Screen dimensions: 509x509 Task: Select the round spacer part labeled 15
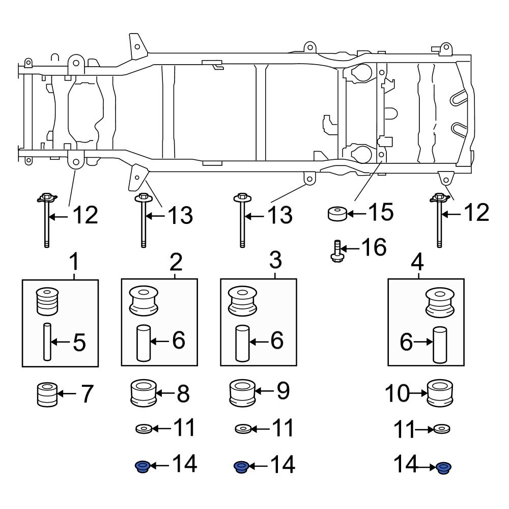click(x=336, y=214)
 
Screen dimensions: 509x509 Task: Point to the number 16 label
click(x=373, y=248)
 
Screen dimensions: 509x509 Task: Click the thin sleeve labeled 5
click(x=47, y=342)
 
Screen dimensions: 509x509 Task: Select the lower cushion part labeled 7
click(x=47, y=394)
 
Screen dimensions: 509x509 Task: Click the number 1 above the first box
click(x=74, y=263)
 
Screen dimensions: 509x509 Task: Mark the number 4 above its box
click(x=417, y=263)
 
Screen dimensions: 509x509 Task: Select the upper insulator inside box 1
click(x=48, y=301)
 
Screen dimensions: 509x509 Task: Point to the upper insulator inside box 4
click(x=440, y=302)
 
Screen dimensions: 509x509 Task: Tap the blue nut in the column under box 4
click(x=444, y=467)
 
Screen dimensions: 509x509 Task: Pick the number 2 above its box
click(x=176, y=263)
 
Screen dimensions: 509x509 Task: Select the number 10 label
click(x=397, y=393)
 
